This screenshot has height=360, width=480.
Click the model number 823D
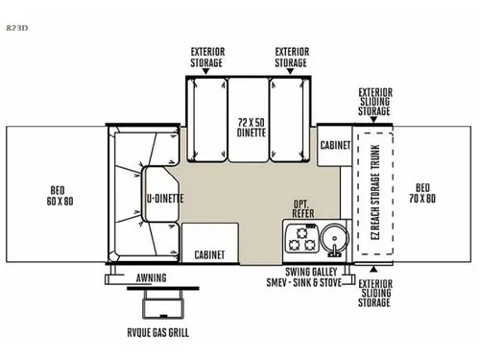tap(17, 28)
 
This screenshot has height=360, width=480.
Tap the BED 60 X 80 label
tap(60, 196)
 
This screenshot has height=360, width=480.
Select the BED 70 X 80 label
tap(422, 193)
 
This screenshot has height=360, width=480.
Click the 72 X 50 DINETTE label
tap(252, 127)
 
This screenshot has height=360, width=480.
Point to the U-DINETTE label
tap(165, 199)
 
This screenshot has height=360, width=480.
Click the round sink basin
tap(334, 238)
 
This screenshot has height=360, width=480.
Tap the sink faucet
tap(335, 251)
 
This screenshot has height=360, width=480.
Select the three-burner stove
tap(301, 238)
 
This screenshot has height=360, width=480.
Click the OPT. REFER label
tap(303, 208)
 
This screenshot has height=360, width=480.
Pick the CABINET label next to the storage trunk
tap(335, 145)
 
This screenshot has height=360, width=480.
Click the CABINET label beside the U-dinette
tap(209, 254)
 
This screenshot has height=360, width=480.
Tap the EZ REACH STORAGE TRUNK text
tap(375, 192)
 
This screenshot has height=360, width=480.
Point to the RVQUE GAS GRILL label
tap(157, 333)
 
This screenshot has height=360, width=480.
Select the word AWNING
tap(152, 277)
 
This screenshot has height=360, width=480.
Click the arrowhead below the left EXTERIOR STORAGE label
tap(206, 71)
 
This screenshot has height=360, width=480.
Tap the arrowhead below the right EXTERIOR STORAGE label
tap(290, 71)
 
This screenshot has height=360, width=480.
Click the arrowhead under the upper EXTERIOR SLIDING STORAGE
tap(373, 120)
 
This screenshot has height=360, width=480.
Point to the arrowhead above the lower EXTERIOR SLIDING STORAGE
tap(373, 269)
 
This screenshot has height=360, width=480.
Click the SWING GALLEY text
tap(311, 272)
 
